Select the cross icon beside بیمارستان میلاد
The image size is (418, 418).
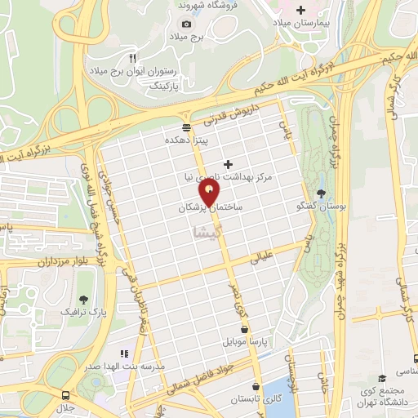(x=300, y=10)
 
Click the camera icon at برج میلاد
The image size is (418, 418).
(x=186, y=24)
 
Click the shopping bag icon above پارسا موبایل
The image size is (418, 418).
(x=244, y=328)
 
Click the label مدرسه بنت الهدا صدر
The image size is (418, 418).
(x=124, y=367)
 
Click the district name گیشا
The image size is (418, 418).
(x=206, y=233)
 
